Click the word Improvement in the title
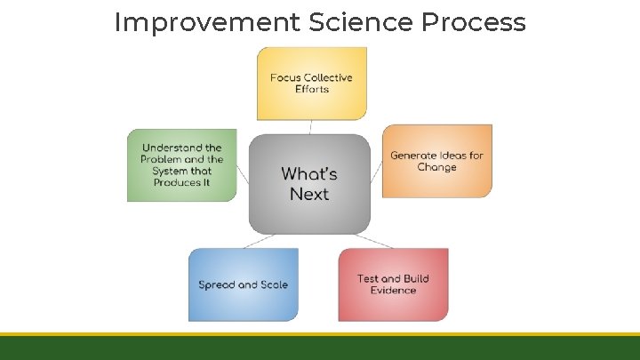click(x=207, y=22)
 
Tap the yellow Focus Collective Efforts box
click(x=311, y=84)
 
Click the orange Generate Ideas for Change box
click(x=436, y=161)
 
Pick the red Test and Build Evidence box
click(x=393, y=284)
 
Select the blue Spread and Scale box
click(x=243, y=284)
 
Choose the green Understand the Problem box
click(x=181, y=164)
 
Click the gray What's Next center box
click(x=309, y=184)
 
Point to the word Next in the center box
click(x=309, y=195)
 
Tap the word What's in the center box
click(x=309, y=173)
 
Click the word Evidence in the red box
click(x=393, y=291)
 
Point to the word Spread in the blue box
click(x=216, y=285)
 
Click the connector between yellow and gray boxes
click(x=310, y=127)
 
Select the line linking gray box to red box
click(x=372, y=241)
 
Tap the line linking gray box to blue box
click(x=260, y=241)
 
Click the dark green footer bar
click(x=320, y=348)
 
